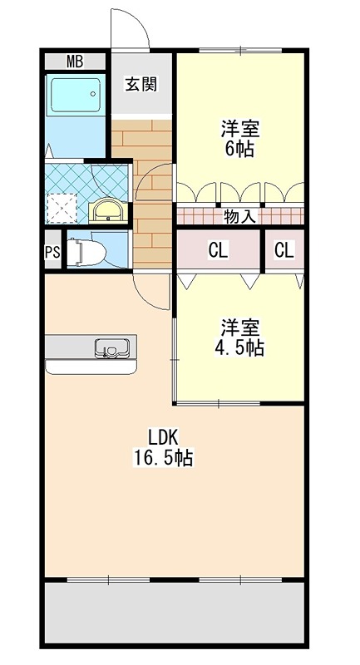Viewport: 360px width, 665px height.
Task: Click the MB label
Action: click(75, 61)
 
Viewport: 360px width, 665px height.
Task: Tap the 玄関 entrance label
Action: click(141, 84)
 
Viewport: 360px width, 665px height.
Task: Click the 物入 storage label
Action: click(239, 217)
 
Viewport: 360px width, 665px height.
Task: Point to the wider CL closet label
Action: click(219, 249)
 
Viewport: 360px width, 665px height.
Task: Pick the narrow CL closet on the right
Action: click(284, 249)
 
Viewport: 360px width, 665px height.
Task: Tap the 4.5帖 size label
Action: click(241, 347)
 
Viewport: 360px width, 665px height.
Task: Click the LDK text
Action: click(163, 436)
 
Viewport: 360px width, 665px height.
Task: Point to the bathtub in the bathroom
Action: click(75, 96)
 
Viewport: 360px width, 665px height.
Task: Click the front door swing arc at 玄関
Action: click(131, 29)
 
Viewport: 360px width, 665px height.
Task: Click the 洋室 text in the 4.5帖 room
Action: click(241, 327)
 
